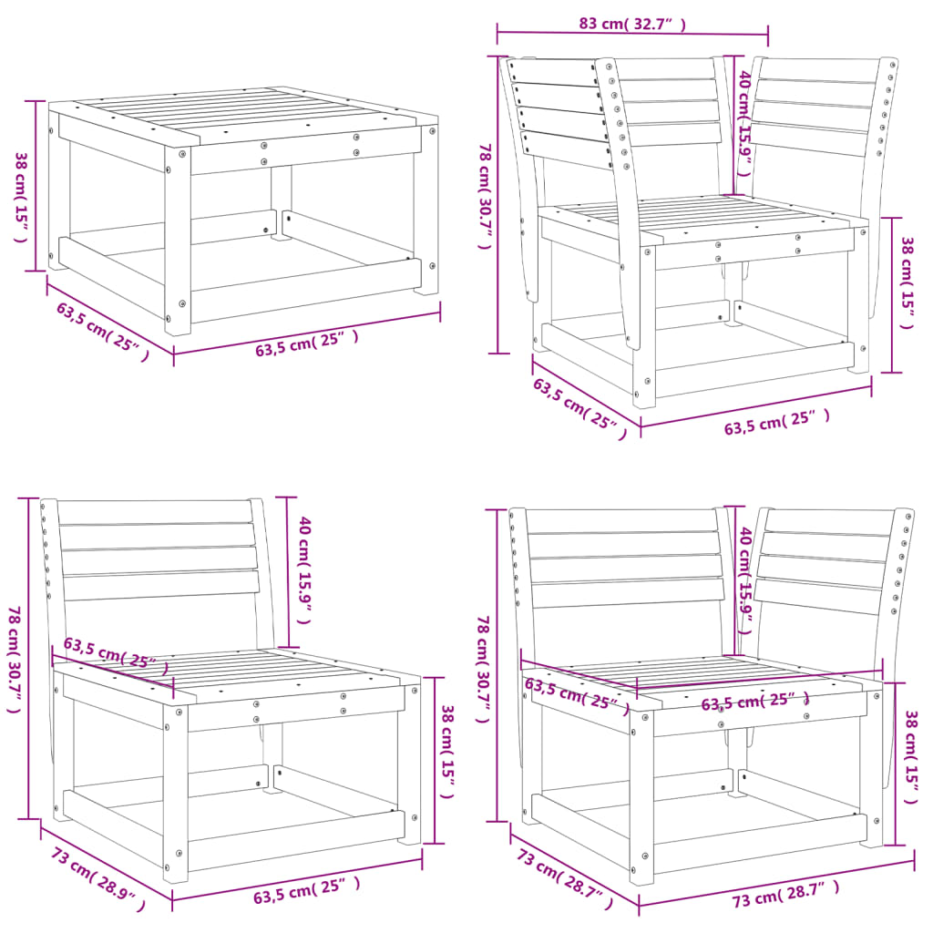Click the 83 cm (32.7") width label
pyautogui.click(x=631, y=24)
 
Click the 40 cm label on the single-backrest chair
pyautogui.click(x=305, y=564)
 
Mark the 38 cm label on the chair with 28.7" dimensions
pyautogui.click(x=908, y=755)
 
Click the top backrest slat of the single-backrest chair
pyautogui.click(x=155, y=512)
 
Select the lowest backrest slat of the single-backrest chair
pyautogui.click(x=160, y=585)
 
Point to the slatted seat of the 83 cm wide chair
pyautogui.click(x=702, y=219)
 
